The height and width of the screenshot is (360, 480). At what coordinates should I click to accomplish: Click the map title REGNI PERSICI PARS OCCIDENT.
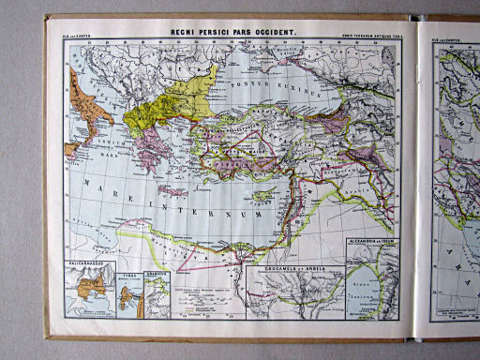coord(232,33)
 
